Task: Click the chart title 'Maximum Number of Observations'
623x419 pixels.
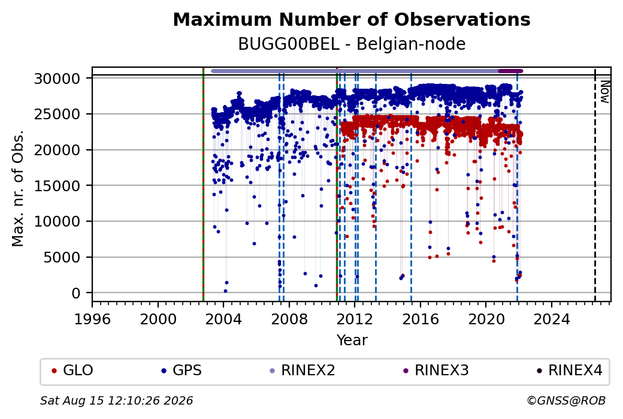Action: click(x=352, y=19)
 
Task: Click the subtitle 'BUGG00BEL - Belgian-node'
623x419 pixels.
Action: click(x=352, y=44)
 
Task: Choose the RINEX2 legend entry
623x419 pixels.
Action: click(x=303, y=370)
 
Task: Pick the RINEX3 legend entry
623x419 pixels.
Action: click(x=436, y=370)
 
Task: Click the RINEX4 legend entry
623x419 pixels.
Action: click(x=569, y=370)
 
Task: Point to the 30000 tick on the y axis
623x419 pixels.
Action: click(x=58, y=79)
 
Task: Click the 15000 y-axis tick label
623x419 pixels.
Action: click(x=58, y=186)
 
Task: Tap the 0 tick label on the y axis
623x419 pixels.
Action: click(x=76, y=293)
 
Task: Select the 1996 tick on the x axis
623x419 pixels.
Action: click(x=93, y=319)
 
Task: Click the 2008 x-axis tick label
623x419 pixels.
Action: click(x=289, y=319)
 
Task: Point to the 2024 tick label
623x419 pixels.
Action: click(x=552, y=319)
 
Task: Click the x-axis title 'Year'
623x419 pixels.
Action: click(x=352, y=340)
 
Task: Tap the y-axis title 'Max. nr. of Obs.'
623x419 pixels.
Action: click(x=17, y=188)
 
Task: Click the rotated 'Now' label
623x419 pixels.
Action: click(x=604, y=92)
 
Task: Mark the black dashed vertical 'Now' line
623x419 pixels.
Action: click(x=595, y=185)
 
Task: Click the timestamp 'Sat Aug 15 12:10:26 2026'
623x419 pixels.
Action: click(x=116, y=400)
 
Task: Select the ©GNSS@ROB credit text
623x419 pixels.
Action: click(x=566, y=400)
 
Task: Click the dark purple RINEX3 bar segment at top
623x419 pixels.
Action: click(x=510, y=71)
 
